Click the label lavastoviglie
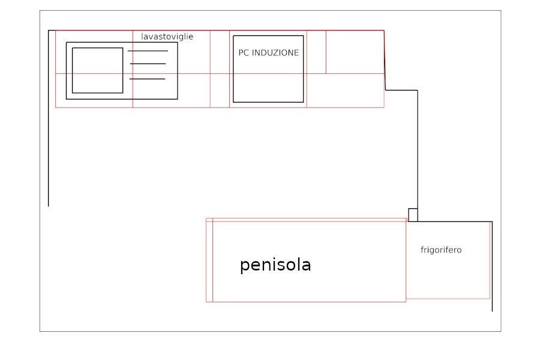[167, 37]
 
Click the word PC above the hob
[244, 53]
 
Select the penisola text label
[275, 265]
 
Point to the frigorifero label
[441, 250]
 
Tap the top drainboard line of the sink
[148, 51]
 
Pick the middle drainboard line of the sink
[148, 64]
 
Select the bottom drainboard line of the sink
[148, 79]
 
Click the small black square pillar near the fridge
[413, 209]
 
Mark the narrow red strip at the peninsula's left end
[209, 260]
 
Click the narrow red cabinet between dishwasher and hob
[220, 107]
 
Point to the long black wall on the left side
[49, 119]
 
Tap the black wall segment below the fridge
[492, 266]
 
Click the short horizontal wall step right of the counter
[401, 90]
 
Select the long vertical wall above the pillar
[418, 149]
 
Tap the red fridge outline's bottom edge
[448, 299]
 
